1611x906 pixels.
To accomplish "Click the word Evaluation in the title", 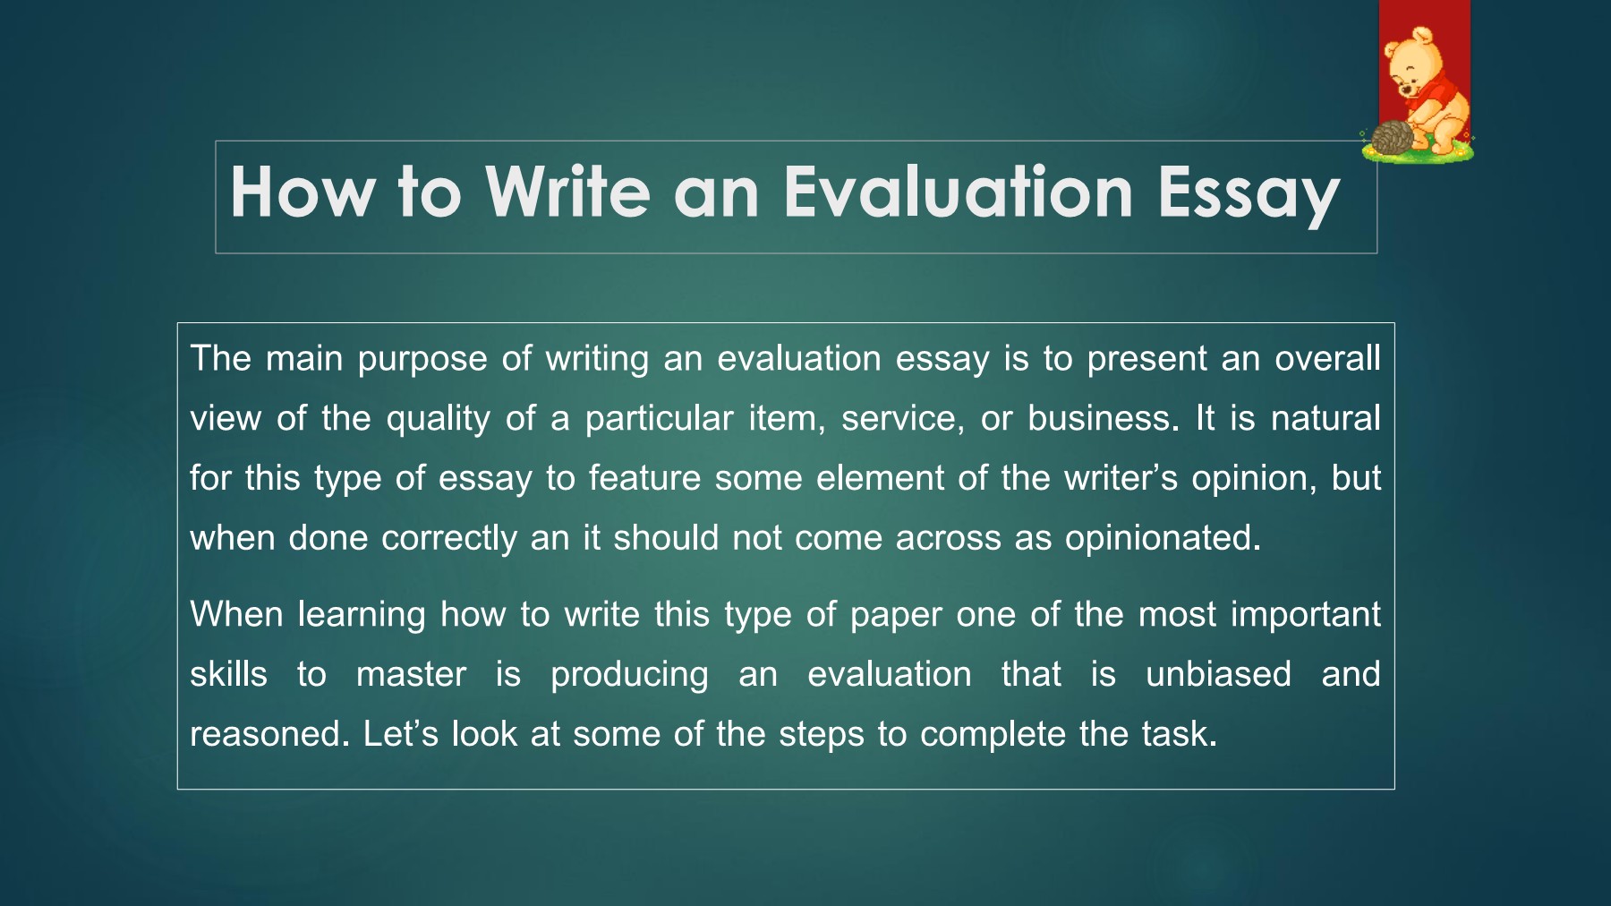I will pos(959,192).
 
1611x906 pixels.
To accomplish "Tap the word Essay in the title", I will pos(1249,194).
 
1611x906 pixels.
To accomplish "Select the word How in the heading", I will pos(303,192).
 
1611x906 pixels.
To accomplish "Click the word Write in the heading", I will pos(567,192).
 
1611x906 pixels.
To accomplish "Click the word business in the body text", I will pos(1098,418).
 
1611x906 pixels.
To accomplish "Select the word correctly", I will pos(448,539).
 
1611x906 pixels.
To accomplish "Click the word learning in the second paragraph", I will pos(361,616).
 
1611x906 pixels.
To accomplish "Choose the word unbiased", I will pos(1218,674).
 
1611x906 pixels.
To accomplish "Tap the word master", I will pos(411,675).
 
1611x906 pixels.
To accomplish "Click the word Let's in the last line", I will pos(400,734).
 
